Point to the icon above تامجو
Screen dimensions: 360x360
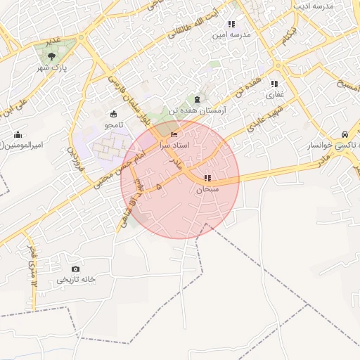113,114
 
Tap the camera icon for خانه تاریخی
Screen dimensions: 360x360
76,269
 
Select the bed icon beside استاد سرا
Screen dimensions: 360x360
174,134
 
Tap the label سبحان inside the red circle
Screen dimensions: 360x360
207,188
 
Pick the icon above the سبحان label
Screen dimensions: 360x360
207,178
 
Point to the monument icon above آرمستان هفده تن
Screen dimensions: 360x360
196,100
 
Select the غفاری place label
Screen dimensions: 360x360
274,93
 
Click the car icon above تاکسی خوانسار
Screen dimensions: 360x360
345,134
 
